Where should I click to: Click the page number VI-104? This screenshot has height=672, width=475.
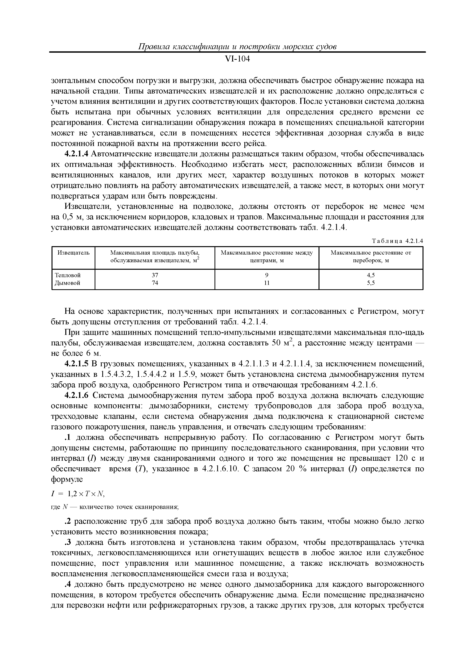click(237, 59)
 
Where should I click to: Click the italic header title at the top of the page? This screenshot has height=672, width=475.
click(237, 47)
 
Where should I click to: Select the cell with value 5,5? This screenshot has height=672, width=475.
click(371, 283)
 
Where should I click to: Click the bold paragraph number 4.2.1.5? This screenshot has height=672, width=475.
click(76, 364)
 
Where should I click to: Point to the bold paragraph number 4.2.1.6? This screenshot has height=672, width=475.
click(76, 395)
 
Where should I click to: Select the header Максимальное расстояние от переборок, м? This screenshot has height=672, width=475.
click(371, 256)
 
